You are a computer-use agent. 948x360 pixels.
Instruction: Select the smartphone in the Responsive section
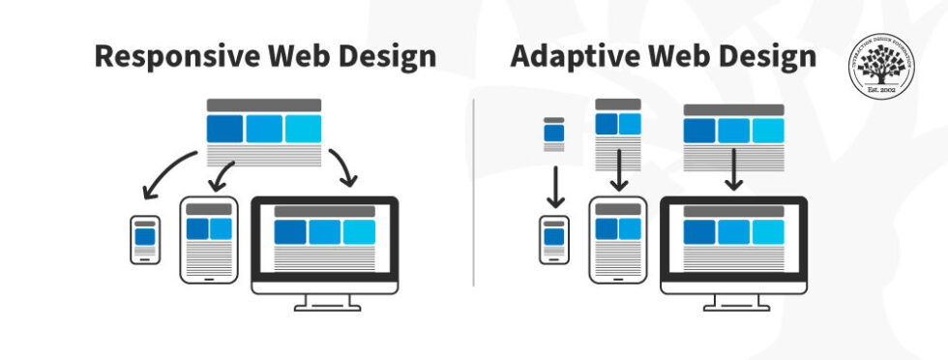click(x=144, y=239)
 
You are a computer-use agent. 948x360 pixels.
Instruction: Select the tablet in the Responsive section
click(x=209, y=239)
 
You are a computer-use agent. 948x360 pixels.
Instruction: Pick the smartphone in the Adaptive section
click(x=554, y=240)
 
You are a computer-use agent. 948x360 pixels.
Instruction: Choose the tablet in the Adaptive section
click(x=618, y=239)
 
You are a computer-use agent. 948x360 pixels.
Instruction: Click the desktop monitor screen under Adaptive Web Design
click(x=733, y=238)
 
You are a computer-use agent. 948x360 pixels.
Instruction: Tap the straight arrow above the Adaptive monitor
click(x=733, y=168)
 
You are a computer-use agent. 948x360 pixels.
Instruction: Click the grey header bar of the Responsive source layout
click(x=264, y=105)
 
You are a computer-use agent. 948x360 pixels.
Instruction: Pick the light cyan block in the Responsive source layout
click(x=303, y=129)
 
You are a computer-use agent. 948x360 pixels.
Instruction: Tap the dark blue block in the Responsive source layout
click(x=225, y=129)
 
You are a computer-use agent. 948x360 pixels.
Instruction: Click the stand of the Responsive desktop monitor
click(x=324, y=301)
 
